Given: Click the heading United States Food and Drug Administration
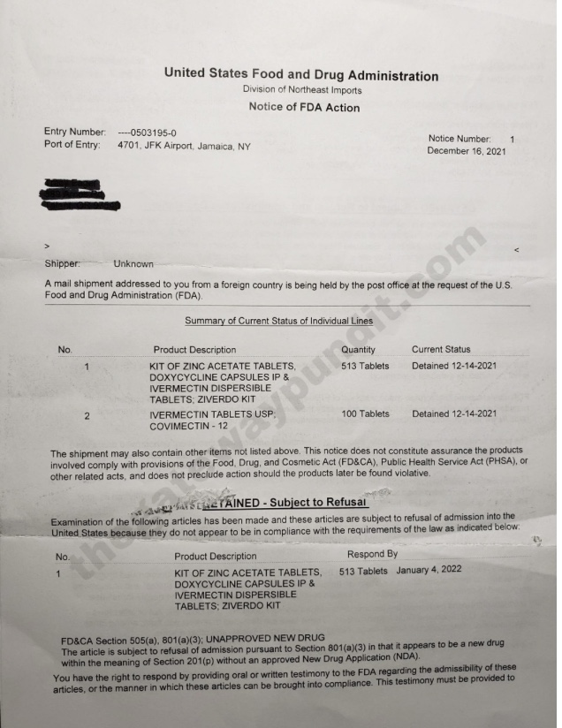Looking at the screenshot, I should [x=300, y=76].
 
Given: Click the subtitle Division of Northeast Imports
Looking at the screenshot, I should [x=301, y=91].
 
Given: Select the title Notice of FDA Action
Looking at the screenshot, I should [x=305, y=108].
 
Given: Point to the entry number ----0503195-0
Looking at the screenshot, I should [x=147, y=133].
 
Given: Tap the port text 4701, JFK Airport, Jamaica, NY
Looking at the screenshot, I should [x=184, y=146].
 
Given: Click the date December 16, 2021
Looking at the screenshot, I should [x=467, y=151].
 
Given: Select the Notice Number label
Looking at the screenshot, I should [x=459, y=139].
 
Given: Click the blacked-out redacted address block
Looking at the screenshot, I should [x=80, y=196].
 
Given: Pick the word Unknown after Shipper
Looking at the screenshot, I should [x=133, y=263].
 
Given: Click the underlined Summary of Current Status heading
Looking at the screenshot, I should [x=278, y=320].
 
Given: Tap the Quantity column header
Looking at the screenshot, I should [x=358, y=350].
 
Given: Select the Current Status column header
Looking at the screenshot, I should [x=441, y=350].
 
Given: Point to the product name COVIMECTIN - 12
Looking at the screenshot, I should [x=193, y=426].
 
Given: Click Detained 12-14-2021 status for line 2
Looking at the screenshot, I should [x=454, y=413].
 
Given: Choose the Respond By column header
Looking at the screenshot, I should [x=372, y=554].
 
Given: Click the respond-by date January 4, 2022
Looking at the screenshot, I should [x=429, y=571].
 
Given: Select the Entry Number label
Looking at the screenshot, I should [x=75, y=133].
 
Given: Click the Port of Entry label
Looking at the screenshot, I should [x=72, y=145].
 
